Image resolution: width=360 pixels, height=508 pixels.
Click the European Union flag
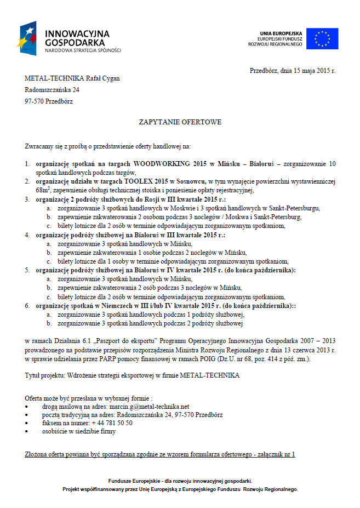pos(322,38)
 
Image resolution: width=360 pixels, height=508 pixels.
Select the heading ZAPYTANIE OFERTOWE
pos(180,122)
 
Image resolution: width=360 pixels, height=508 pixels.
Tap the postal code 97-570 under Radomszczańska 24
pos(34,101)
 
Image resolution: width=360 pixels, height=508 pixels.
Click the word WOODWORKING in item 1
pos(162,164)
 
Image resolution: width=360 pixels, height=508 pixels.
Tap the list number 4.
pos(27,235)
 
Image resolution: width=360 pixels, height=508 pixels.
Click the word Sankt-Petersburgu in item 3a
pos(293,208)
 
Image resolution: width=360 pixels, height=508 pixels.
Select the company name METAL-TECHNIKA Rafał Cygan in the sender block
pos(72,78)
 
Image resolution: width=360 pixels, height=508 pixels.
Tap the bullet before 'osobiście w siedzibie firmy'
pos(27,431)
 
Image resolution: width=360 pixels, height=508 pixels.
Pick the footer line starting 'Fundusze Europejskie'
pos(180,480)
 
